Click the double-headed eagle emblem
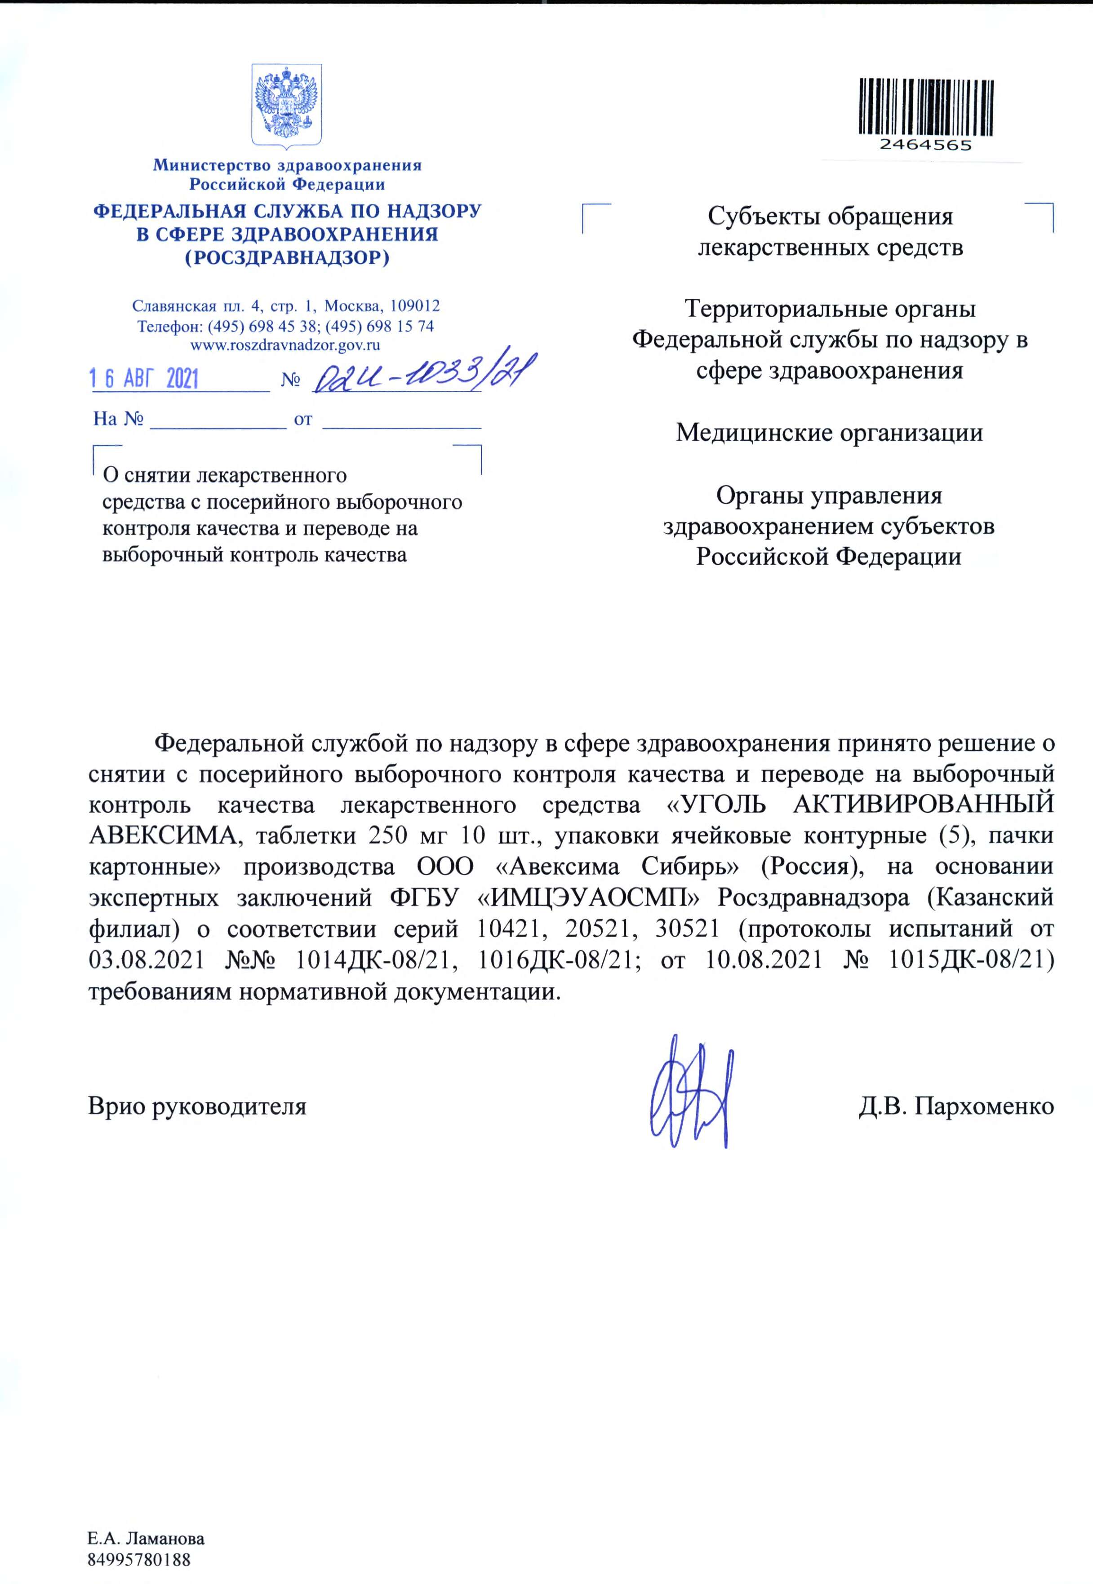286,105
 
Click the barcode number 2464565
926,145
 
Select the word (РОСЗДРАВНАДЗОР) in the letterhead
286,258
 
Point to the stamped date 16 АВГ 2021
145,379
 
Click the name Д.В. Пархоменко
956,1106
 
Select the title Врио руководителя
197,1106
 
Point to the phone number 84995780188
138,1560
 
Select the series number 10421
508,929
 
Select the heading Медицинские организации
829,433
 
